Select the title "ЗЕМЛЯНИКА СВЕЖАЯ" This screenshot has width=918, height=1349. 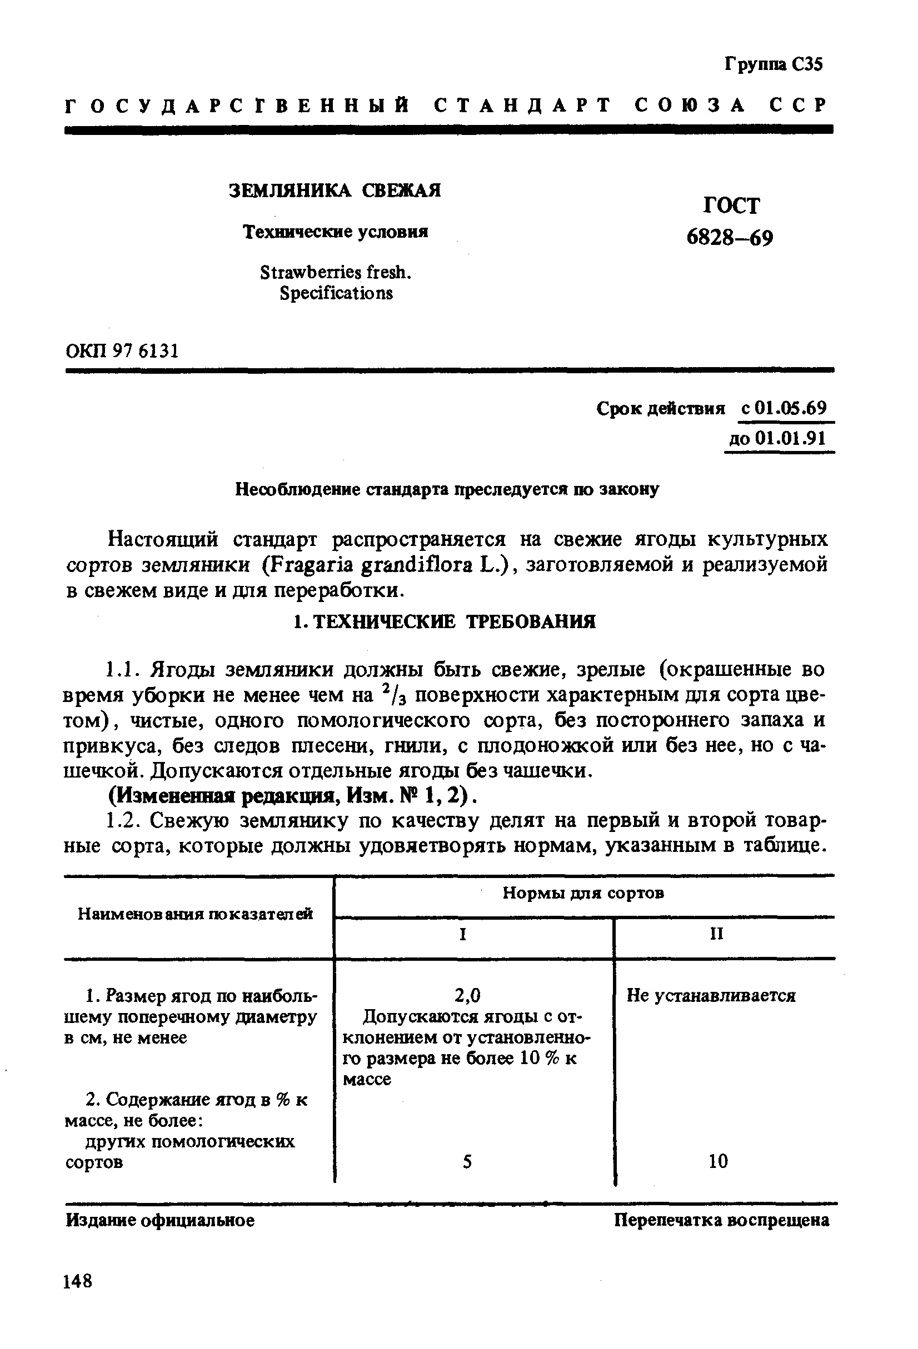click(x=335, y=190)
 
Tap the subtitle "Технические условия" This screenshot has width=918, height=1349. click(x=335, y=232)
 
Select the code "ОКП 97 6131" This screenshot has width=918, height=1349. click(x=122, y=351)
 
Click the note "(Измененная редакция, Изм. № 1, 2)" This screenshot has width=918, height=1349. click(x=293, y=796)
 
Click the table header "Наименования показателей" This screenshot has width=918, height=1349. click(x=195, y=914)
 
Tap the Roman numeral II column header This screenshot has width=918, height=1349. click(x=716, y=934)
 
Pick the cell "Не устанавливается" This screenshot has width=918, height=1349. click(x=710, y=996)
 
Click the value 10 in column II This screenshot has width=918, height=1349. click(x=718, y=1161)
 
